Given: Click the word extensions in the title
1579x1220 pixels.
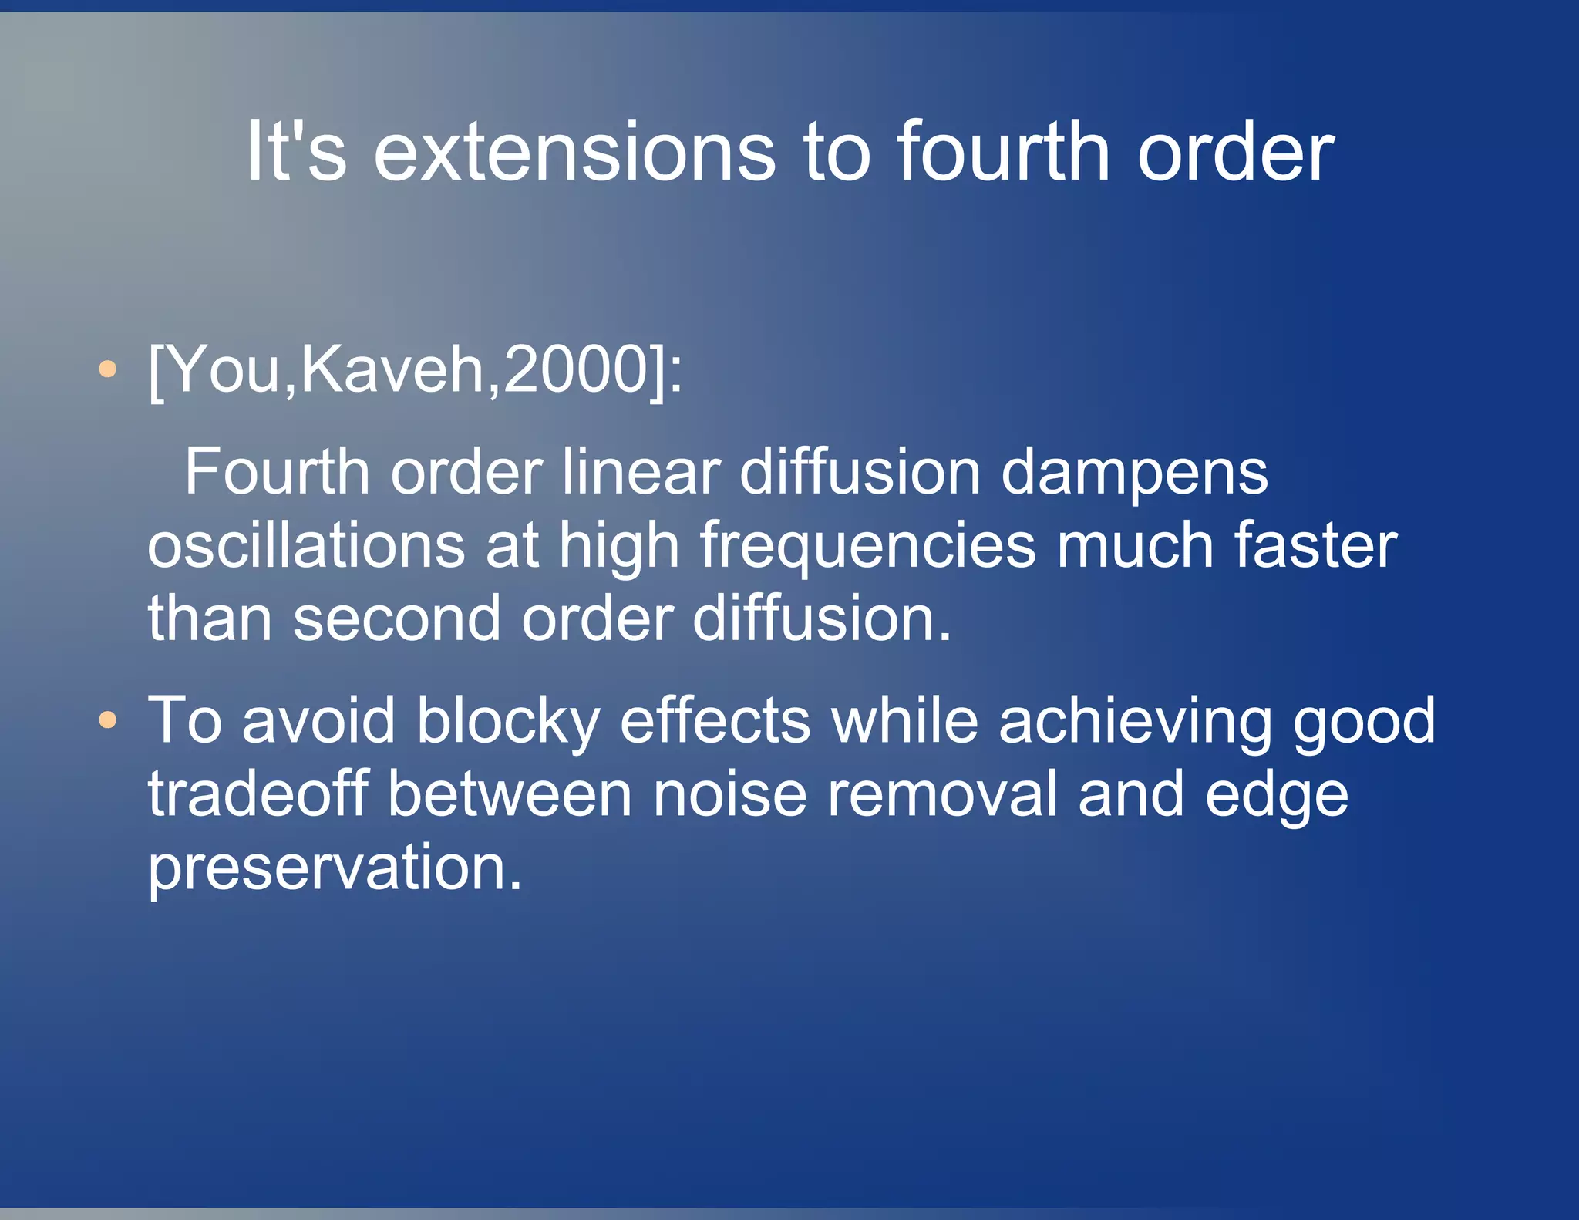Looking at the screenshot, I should pos(574,152).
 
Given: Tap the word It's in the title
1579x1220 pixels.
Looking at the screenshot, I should pos(296,152).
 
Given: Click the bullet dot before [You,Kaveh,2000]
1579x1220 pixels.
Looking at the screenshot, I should pos(108,369).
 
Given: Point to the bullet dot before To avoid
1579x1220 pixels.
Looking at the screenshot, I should pos(108,720).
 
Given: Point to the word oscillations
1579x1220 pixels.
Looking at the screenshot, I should pos(306,544).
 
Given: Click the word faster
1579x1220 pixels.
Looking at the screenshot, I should pos(1315,544).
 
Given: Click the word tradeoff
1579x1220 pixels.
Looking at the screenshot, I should pos(258,794).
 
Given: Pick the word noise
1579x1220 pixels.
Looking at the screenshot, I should pos(730,795).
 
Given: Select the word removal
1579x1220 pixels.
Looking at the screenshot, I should pos(942,794).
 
